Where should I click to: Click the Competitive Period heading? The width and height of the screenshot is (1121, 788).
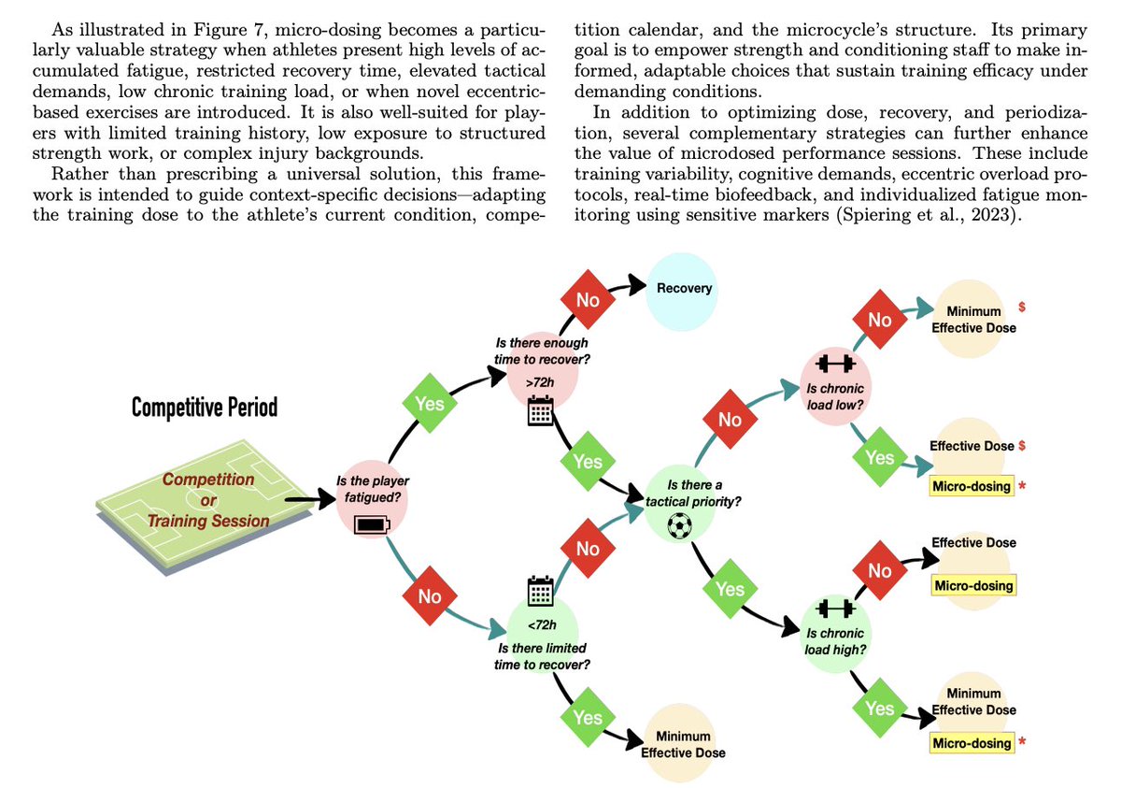pos(204,408)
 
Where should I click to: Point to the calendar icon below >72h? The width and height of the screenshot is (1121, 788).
pos(541,411)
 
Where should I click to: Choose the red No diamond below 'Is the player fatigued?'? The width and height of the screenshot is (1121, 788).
pos(429,595)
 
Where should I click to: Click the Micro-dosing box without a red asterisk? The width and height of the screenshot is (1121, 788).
pos(972,586)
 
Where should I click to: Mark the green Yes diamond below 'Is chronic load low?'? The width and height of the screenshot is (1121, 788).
pos(880,457)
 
